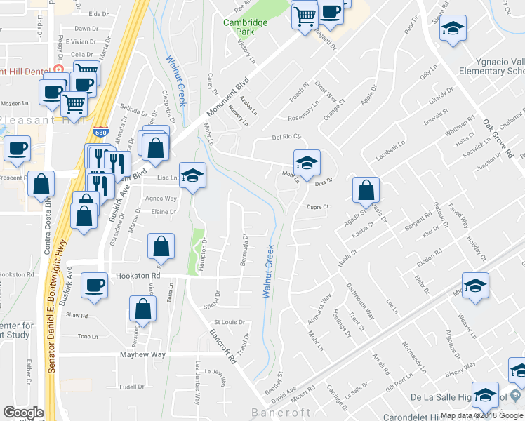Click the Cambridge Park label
[x=246, y=27]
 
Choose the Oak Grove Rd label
[x=498, y=137]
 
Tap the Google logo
[x=23, y=413]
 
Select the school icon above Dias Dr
[x=307, y=163]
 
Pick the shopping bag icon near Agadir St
[x=366, y=189]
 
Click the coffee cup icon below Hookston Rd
[x=94, y=285]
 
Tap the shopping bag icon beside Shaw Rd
[x=142, y=308]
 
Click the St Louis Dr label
[x=230, y=323]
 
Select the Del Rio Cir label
[x=286, y=137]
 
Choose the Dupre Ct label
[x=317, y=206]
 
